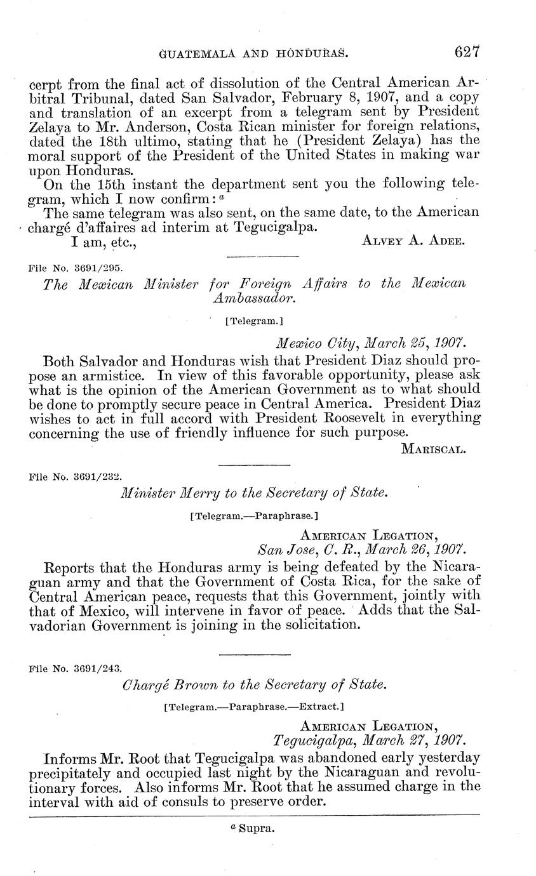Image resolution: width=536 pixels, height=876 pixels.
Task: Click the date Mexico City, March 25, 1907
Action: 371,343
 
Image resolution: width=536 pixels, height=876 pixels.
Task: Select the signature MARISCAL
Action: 434,449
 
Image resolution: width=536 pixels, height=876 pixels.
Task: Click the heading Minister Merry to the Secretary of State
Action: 253,493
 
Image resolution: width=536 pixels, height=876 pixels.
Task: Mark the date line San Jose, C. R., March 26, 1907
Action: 361,548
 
